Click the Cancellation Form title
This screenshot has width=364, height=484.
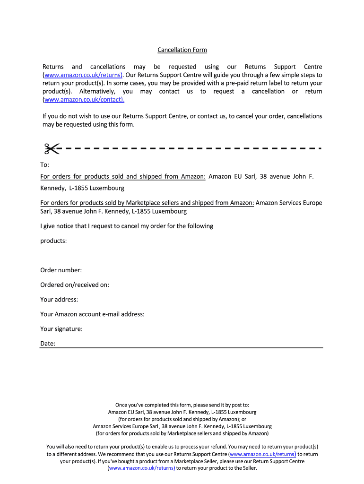click(x=182, y=50)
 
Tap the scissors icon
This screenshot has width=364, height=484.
click(x=51, y=148)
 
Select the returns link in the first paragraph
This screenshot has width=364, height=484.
click(x=83, y=75)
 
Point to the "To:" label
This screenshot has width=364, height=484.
click(x=44, y=165)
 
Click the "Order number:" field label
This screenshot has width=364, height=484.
click(x=61, y=270)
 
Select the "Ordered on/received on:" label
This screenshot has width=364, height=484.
click(x=75, y=285)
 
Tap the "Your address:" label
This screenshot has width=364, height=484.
click(x=59, y=299)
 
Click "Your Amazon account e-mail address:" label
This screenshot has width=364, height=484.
click(x=92, y=314)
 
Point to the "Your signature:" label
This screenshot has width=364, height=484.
click(x=61, y=328)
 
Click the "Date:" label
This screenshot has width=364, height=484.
click(x=48, y=344)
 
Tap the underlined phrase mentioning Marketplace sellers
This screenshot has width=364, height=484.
click(x=147, y=203)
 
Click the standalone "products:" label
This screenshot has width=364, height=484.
click(x=53, y=241)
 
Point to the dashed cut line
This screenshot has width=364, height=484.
click(x=189, y=148)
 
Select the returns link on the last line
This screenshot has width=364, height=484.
click(x=142, y=468)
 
